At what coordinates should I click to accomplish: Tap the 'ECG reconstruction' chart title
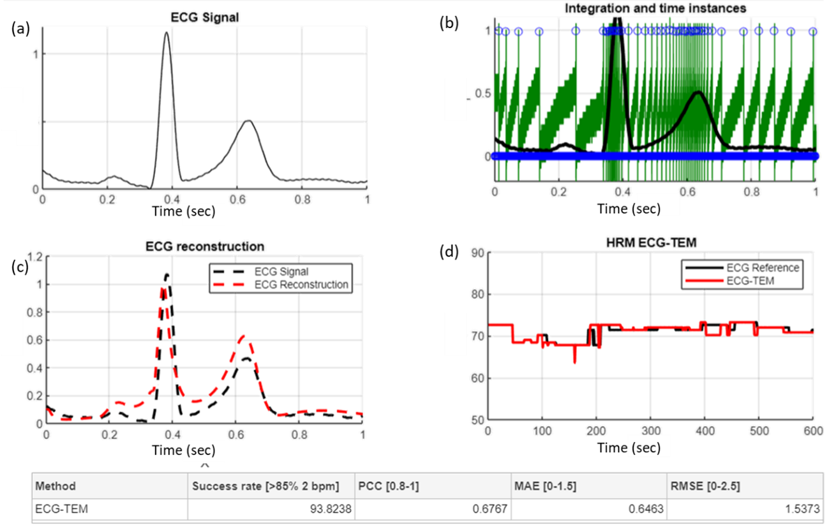204,246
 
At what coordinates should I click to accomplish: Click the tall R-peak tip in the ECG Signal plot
167,33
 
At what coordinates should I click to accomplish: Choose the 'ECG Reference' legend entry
763,268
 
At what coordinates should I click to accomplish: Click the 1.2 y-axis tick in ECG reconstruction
34,257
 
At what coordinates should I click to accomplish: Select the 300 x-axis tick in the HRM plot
650,431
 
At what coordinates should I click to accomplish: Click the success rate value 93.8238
326,510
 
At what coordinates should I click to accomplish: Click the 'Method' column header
56,486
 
